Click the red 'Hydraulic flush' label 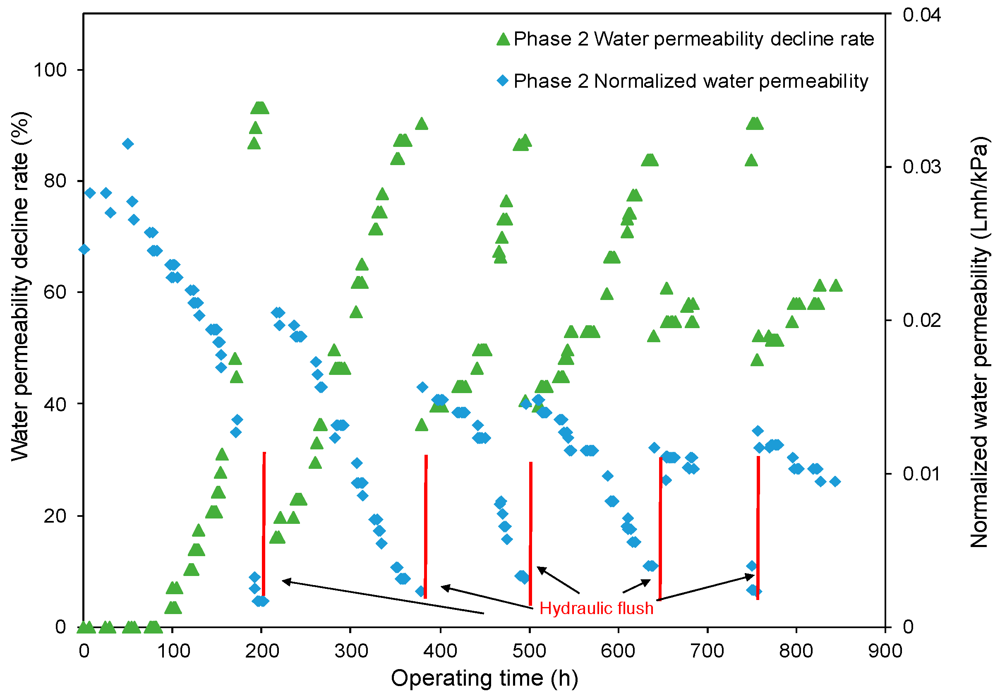click(596, 608)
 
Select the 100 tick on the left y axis click(50, 70)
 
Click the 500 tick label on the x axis click(529, 651)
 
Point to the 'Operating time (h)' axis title click(484, 678)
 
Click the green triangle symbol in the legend click(503, 39)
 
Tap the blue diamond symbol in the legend click(503, 81)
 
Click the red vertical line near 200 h click(264, 523)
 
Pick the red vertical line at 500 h click(530, 533)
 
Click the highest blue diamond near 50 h click(127, 144)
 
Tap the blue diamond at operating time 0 click(84, 249)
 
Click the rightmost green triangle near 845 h click(835, 285)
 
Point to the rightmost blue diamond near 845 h click(835, 481)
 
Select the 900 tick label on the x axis click(885, 651)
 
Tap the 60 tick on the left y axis click(55, 292)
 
